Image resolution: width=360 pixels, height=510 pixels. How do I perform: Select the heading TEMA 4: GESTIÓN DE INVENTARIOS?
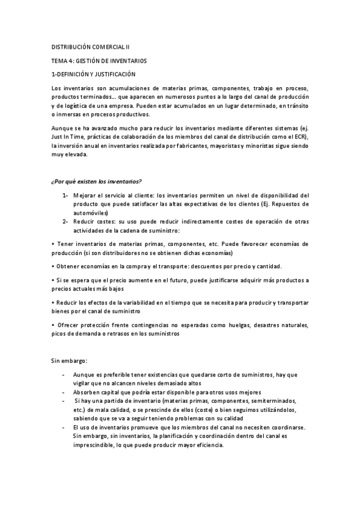point(99,61)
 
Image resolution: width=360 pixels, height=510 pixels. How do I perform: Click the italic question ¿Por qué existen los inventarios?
point(96,180)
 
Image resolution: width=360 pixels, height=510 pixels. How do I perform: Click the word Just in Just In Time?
point(58,137)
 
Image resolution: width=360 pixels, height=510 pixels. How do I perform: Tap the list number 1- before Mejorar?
point(65,195)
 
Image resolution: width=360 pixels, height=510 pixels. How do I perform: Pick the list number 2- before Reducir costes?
point(65,221)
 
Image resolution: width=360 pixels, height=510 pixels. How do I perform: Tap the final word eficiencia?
point(206,445)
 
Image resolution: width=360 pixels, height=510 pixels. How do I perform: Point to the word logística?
point(76,105)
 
